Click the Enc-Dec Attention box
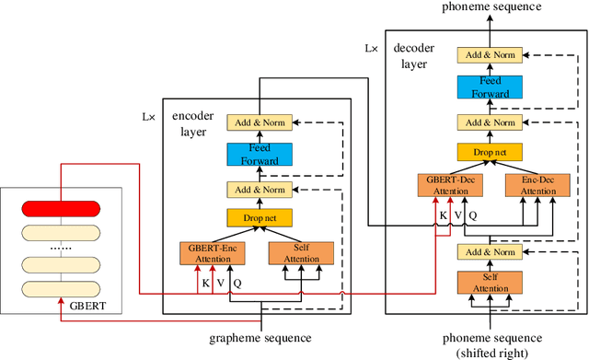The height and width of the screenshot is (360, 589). (x=531, y=185)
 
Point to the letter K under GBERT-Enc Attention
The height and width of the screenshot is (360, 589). (x=205, y=284)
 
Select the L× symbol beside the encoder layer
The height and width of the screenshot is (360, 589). (x=149, y=118)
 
